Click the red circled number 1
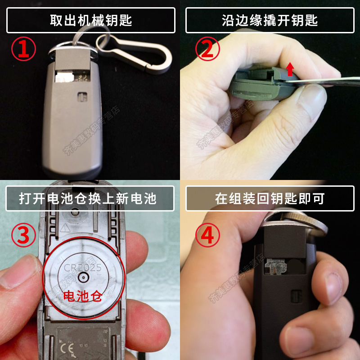click(x=23, y=49)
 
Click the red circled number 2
click(x=207, y=49)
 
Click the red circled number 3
click(x=23, y=235)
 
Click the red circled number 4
click(x=207, y=235)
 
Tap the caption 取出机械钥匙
click(x=91, y=20)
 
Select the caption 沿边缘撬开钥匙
click(x=270, y=20)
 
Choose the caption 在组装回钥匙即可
click(x=270, y=198)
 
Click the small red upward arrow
click(x=291, y=69)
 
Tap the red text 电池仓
click(x=83, y=296)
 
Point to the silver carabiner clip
click(x=135, y=49)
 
